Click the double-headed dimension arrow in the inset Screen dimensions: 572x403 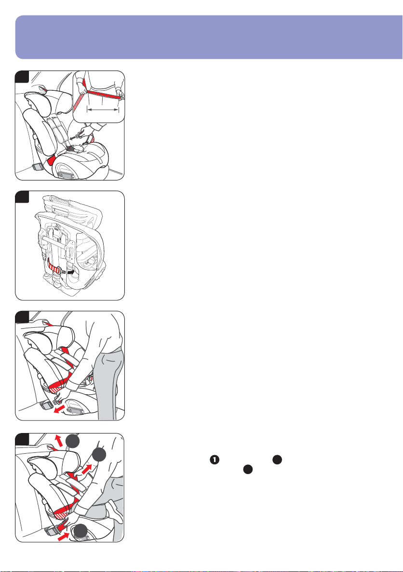pyautogui.click(x=102, y=110)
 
